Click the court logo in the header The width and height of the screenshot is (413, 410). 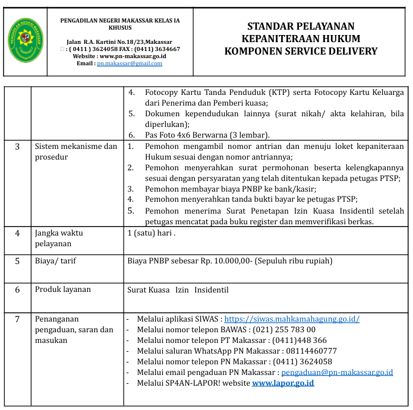[26, 41]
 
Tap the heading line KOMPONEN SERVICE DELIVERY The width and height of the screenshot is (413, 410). [301, 51]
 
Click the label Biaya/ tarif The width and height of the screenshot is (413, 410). [55, 260]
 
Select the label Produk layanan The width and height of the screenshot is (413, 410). [63, 290]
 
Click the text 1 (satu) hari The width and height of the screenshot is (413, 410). [151, 233]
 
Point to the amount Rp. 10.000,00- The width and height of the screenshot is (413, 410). [223, 260]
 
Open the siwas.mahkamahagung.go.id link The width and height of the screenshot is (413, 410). [291, 319]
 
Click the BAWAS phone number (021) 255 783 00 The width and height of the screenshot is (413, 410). [284, 330]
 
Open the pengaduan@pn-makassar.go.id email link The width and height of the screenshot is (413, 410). [337, 373]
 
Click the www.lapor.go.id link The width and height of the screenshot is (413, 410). [283, 383]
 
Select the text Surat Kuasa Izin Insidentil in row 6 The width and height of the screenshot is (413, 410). [178, 290]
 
